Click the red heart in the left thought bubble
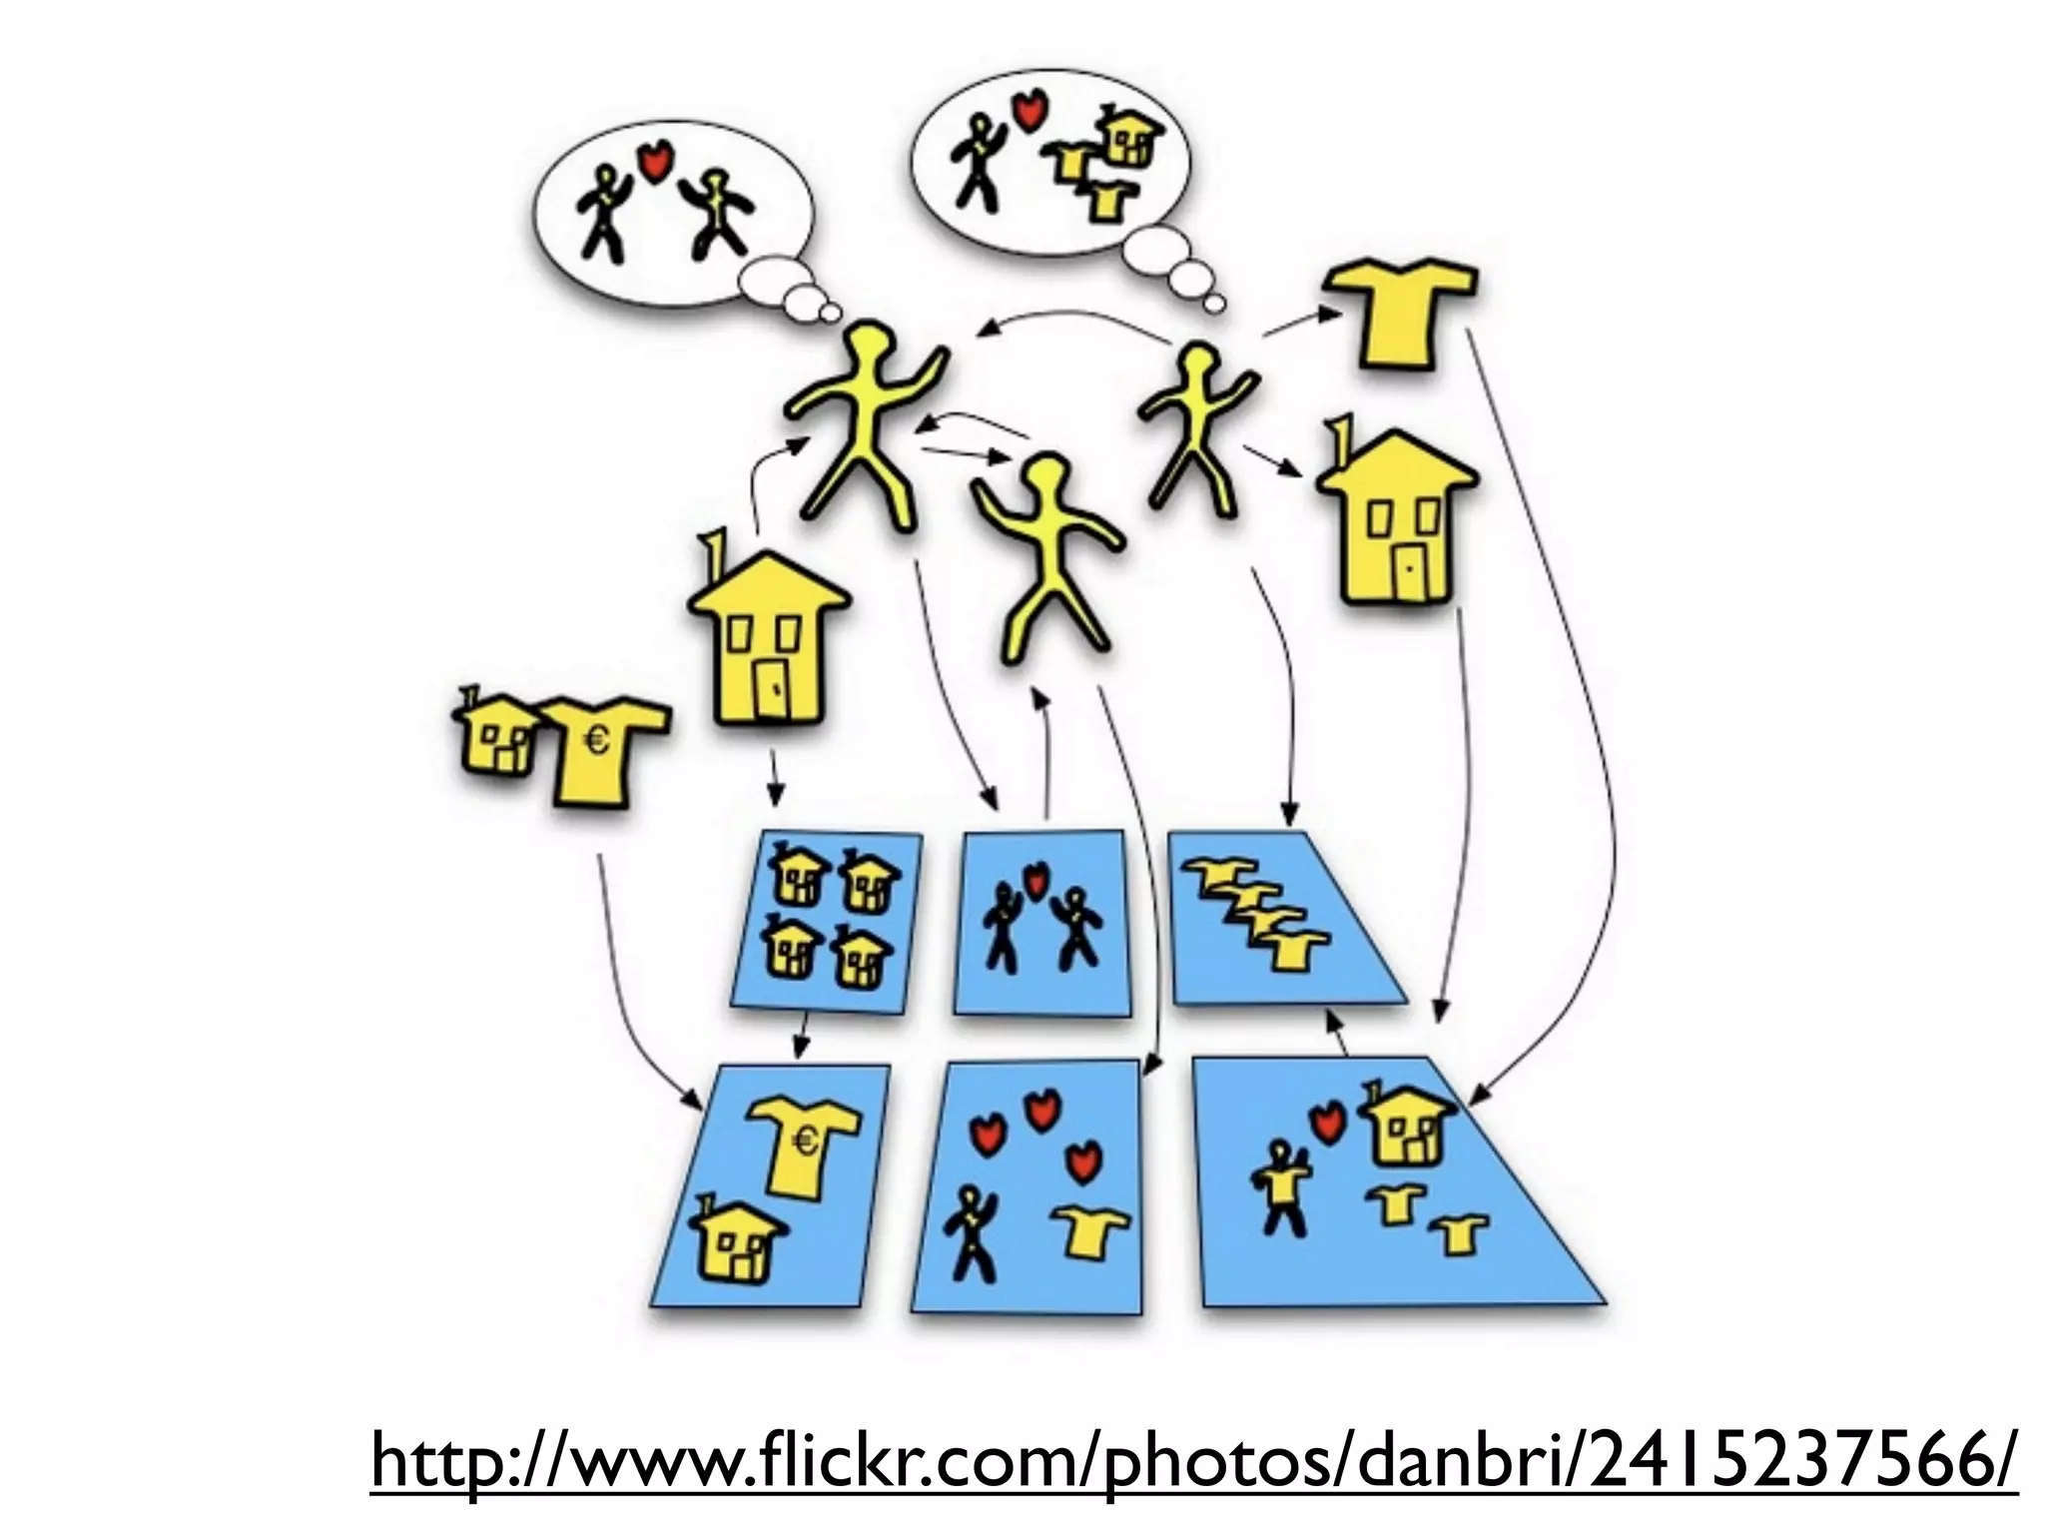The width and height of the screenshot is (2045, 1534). coord(653,161)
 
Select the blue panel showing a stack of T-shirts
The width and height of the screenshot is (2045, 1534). coord(1278,919)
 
